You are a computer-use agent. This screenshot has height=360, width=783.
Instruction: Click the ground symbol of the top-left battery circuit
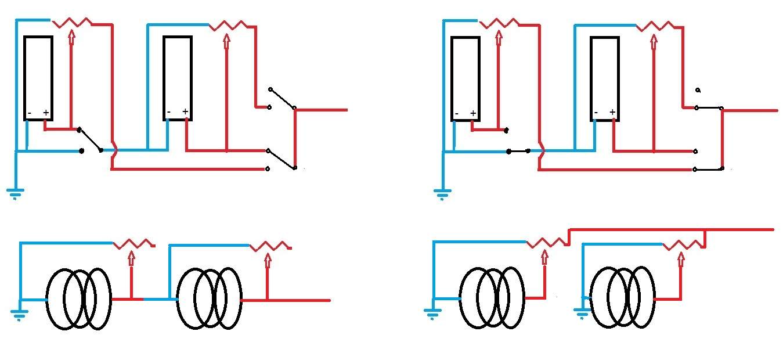15,193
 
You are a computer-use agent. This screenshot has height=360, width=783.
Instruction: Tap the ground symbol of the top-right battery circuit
442,193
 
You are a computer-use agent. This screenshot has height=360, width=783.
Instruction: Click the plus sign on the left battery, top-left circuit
46,113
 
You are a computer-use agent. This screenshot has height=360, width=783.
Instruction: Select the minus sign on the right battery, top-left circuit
169,112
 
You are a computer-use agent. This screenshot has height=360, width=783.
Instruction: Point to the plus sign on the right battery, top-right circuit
612,112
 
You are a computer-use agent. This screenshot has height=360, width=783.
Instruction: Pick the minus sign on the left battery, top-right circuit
457,114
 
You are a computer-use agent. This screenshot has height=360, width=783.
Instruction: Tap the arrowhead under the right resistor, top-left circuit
226,39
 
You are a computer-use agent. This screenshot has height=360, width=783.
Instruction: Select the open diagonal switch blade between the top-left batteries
90,140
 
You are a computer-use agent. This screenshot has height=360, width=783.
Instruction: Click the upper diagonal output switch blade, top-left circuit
283,99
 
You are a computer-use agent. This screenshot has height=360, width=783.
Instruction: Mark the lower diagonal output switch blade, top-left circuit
282,159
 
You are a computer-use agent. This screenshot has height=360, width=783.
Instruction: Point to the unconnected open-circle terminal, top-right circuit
698,90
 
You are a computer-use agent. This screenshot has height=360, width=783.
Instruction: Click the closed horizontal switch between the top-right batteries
519,152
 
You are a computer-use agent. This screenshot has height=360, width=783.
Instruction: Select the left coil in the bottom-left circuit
79,299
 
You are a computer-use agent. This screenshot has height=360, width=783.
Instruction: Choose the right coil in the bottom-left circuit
210,298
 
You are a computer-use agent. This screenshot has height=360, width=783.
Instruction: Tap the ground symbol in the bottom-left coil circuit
19,315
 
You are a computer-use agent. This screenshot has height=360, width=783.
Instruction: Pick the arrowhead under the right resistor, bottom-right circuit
681,258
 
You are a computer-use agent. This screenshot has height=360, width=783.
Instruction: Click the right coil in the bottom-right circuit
623,297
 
